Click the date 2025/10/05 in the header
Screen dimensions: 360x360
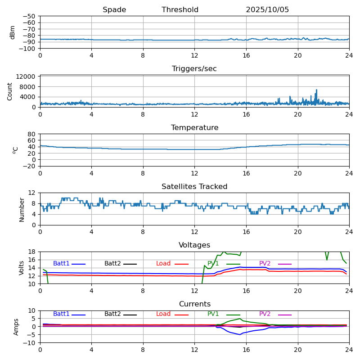coord(267,10)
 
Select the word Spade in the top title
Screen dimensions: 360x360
coord(114,10)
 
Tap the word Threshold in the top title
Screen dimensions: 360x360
coord(180,10)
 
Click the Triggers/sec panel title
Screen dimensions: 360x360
coord(194,69)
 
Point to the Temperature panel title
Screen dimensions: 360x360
coord(194,128)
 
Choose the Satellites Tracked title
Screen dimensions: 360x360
coord(194,187)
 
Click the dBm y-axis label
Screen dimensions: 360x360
coord(13,32)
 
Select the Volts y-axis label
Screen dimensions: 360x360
coord(22,268)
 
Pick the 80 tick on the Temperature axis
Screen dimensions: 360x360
coord(32,134)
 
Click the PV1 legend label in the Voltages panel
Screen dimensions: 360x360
coord(213,264)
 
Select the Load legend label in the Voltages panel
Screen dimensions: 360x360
coord(163,264)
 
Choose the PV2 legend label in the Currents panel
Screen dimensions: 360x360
coord(265,314)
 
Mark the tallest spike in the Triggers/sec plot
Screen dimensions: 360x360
coord(316,90)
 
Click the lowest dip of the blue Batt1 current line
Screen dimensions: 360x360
coord(240,334)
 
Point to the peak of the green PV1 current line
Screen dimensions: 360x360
coord(240,319)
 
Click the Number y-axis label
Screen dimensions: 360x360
coord(22,209)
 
